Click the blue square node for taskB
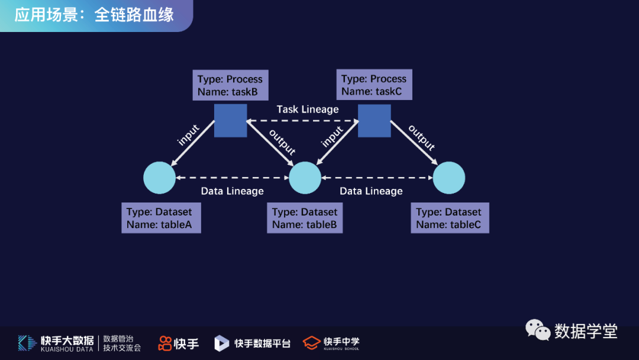(230, 120)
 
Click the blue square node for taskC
(374, 120)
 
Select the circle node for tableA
(160, 178)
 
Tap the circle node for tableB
(305, 178)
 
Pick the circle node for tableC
(449, 178)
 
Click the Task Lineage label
(308, 110)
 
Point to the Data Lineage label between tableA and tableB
(232, 191)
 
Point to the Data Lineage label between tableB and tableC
(371, 191)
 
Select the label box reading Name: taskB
(230, 85)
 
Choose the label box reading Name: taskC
(374, 85)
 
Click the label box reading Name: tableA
(161, 218)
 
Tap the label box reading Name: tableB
(305, 218)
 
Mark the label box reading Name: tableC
(450, 218)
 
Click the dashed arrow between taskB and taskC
(302, 121)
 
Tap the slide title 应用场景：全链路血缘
(94, 15)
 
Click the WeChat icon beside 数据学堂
(538, 330)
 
